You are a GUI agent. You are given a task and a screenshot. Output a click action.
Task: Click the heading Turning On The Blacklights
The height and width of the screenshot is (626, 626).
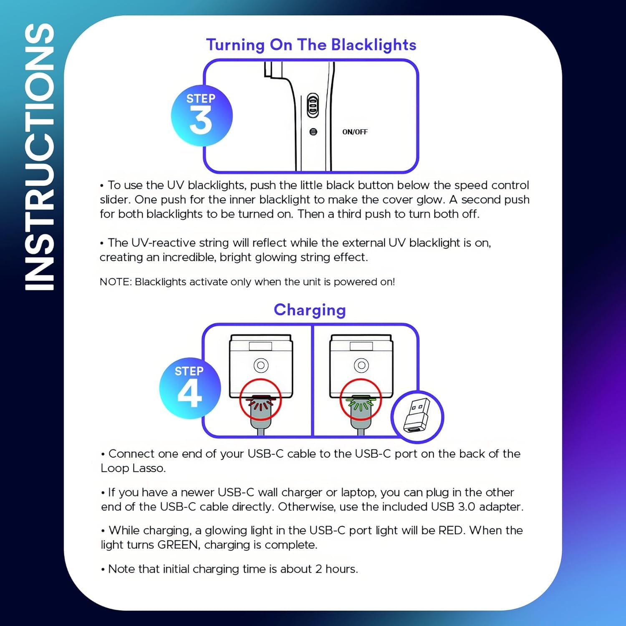[311, 45]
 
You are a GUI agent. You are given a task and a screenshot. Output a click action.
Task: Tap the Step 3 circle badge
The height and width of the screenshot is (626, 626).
[202, 116]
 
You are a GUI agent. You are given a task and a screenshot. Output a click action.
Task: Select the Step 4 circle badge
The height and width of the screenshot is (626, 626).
[190, 389]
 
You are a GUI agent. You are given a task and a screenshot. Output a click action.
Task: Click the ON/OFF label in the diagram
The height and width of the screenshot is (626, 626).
[355, 132]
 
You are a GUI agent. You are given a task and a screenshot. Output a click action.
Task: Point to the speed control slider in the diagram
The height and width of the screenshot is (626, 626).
[313, 105]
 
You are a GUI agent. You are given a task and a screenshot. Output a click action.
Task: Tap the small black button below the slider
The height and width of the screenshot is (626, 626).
[313, 132]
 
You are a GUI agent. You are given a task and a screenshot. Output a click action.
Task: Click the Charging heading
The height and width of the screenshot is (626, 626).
[310, 310]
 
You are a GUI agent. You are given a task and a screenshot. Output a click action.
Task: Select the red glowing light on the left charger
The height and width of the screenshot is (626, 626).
[260, 403]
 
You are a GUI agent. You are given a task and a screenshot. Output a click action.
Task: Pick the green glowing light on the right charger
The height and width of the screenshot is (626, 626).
[361, 403]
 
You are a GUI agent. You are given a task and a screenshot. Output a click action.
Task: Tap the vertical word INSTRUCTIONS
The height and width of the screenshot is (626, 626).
[39, 156]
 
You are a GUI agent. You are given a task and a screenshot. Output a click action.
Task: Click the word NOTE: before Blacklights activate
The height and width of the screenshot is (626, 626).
[116, 282]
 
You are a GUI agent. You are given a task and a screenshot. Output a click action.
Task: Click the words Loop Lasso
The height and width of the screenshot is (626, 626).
[133, 468]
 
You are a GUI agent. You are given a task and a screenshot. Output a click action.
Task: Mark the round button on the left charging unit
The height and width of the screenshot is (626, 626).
[261, 366]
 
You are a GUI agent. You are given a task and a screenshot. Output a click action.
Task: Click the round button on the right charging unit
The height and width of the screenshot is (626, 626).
[361, 366]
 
